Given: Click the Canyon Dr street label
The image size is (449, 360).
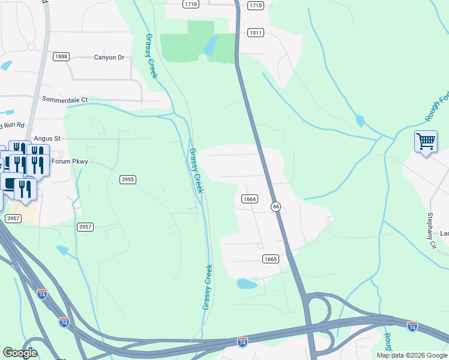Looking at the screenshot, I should point(109,58).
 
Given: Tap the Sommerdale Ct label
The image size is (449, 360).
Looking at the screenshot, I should point(64,99).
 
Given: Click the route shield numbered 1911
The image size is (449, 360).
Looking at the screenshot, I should point(256,33).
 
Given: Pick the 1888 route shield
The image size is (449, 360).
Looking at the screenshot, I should point(61,56).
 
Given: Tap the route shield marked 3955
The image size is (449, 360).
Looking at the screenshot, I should point(127,179).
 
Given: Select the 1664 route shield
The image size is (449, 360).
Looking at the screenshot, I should point(250,199).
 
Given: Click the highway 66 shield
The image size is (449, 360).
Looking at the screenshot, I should point(276,206).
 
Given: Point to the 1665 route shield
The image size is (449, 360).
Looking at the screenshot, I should point(270,259).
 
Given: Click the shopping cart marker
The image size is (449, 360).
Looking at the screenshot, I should point(426,142).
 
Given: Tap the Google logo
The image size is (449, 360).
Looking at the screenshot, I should point(20,353).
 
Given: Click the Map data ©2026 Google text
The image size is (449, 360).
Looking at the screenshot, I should point(412,355).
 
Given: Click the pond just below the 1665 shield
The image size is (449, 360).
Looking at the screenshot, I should point(247,283).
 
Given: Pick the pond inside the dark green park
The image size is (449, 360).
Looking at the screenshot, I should point(211,46).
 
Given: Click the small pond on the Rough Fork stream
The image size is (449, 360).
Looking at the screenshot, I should point(360,121).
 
